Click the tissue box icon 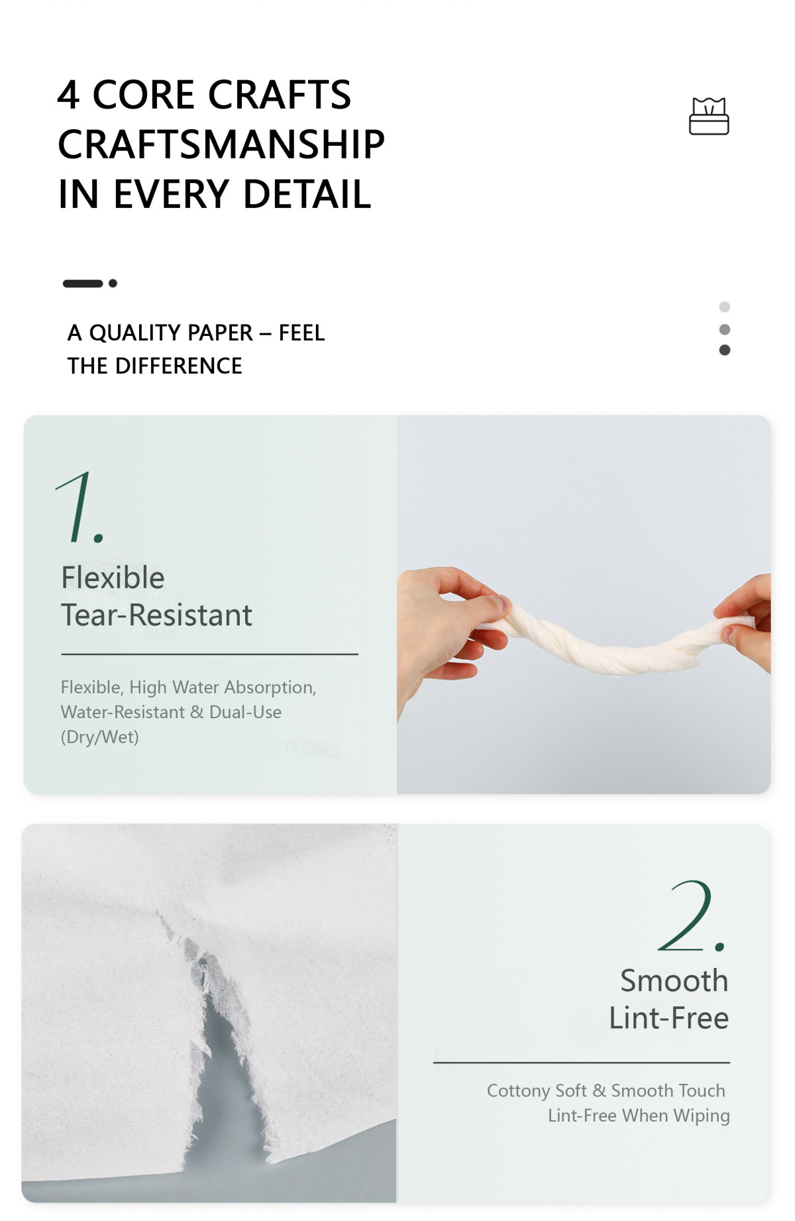pos(709,116)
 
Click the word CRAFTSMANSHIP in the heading pos(221,144)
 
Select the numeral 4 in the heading pos(68,94)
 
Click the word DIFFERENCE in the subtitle pos(178,366)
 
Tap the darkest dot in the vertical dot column pos(725,350)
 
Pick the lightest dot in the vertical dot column pos(725,307)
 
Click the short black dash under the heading pos(83,284)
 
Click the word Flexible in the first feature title pos(113,578)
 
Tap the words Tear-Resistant pos(156,615)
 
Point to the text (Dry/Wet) pos(100,737)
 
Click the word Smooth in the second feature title pos(674,981)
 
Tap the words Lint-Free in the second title pos(668,1018)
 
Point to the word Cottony pos(518,1091)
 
